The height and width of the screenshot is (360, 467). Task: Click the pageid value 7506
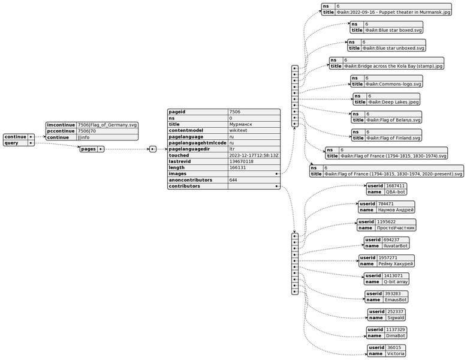(x=236, y=112)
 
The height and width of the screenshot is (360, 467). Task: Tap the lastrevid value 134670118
(x=242, y=161)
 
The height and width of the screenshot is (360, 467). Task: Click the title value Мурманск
(x=240, y=126)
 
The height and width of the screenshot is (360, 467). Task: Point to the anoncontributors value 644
(x=233, y=179)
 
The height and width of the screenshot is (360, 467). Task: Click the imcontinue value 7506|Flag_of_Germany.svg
(x=107, y=124)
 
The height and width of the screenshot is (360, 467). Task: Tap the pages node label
(x=89, y=149)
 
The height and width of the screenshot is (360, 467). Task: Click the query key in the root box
(x=14, y=143)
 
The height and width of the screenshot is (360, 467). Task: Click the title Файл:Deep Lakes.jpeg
(x=392, y=103)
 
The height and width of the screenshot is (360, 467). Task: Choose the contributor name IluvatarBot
(x=395, y=246)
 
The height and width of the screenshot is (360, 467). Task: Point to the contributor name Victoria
(x=395, y=354)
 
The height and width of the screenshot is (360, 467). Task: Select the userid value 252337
(x=396, y=312)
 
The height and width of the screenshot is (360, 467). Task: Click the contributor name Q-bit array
(x=394, y=282)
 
